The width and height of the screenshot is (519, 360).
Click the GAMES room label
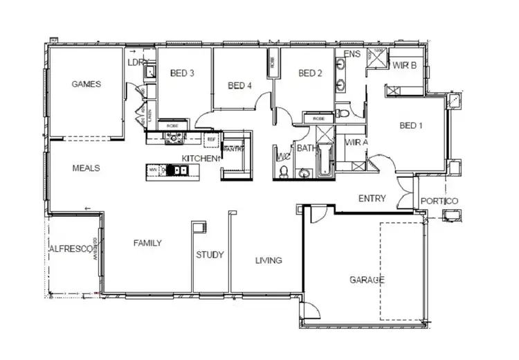(x=86, y=84)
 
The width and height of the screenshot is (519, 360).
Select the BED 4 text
(x=239, y=86)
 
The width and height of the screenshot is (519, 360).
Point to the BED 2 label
(x=311, y=73)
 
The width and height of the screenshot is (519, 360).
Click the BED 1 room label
(x=411, y=125)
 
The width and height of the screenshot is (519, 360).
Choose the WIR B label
(x=403, y=66)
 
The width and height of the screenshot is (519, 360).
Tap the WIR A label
(x=356, y=143)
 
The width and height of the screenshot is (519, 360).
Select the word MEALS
(x=86, y=168)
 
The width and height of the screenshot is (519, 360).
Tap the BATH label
(x=306, y=148)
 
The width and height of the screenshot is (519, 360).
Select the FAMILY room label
(x=147, y=243)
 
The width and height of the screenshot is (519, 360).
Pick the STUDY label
(x=210, y=255)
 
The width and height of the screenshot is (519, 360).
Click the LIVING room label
(x=268, y=261)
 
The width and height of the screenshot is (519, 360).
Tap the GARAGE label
(x=366, y=280)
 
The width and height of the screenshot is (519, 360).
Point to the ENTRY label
(x=372, y=199)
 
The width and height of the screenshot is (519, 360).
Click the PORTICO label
(x=439, y=201)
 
